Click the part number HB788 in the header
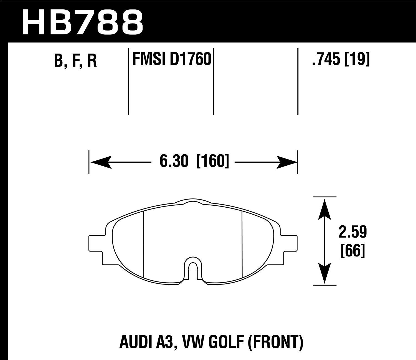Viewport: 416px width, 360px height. pyautogui.click(x=82, y=22)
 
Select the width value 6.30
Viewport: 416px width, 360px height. pyautogui.click(x=174, y=161)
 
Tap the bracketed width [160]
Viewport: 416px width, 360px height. pyautogui.click(x=213, y=161)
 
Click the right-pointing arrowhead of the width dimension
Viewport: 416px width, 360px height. pyautogui.click(x=286, y=162)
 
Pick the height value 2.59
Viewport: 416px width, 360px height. pyautogui.click(x=352, y=232)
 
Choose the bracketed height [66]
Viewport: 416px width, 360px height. pyautogui.click(x=352, y=251)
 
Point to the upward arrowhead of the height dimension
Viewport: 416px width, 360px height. pyautogui.click(x=324, y=208)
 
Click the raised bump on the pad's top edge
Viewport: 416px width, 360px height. pyautogui.click(x=193, y=202)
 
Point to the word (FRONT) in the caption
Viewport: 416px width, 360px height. pyautogui.click(x=274, y=343)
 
